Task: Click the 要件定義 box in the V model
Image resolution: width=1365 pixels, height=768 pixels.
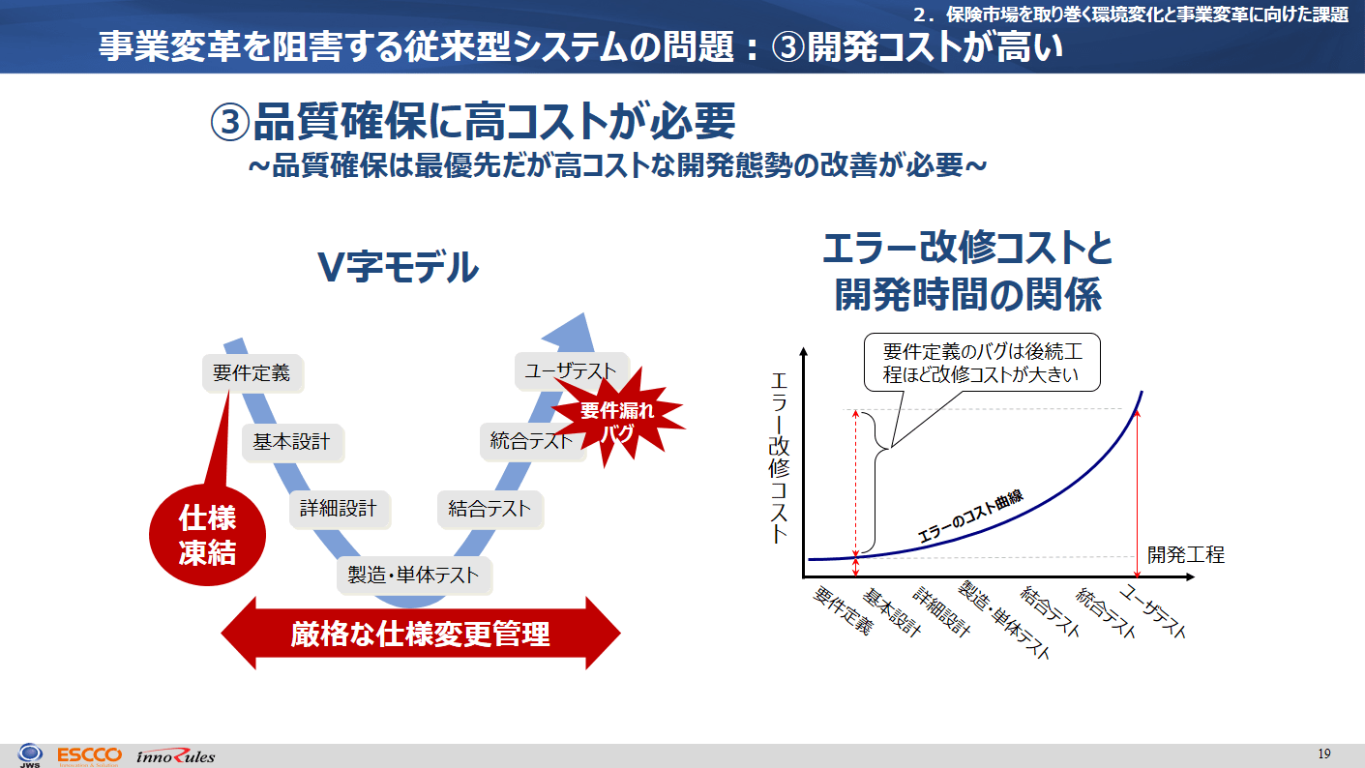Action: (x=252, y=373)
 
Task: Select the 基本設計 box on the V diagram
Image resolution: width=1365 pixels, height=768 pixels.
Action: (x=292, y=442)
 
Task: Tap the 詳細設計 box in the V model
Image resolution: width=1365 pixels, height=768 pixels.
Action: (x=340, y=509)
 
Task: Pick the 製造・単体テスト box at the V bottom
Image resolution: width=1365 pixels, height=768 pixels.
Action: (x=414, y=575)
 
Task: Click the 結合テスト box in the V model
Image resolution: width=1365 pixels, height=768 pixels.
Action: (x=490, y=509)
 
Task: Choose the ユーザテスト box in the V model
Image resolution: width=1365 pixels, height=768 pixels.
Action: (x=571, y=370)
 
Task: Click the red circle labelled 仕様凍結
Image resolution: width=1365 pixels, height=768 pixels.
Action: (x=207, y=535)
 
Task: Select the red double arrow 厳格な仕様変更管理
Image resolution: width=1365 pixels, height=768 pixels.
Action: (x=421, y=634)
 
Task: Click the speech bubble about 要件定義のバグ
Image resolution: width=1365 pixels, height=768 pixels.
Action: (x=982, y=363)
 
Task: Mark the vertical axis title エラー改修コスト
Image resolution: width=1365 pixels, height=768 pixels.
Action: (x=780, y=458)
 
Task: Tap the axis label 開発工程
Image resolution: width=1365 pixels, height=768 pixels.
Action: (x=1186, y=554)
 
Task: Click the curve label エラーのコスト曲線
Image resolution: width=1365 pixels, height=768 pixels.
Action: (x=970, y=517)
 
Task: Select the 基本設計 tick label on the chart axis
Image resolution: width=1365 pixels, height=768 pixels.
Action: (x=891, y=612)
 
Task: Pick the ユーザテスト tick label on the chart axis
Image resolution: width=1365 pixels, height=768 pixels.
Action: (x=1153, y=611)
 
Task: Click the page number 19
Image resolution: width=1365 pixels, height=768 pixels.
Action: (x=1324, y=754)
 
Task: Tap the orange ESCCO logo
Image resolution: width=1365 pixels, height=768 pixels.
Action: (x=90, y=756)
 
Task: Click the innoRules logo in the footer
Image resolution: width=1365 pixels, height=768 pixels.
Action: (x=175, y=756)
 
